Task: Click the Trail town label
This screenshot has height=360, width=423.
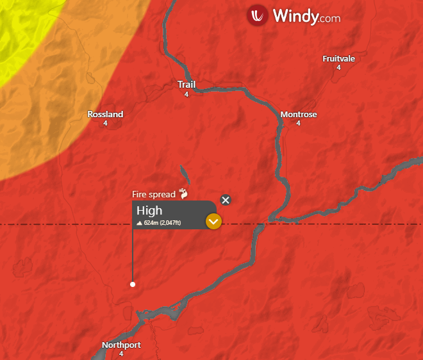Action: [x=187, y=85]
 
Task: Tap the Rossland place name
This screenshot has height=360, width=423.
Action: [x=105, y=115]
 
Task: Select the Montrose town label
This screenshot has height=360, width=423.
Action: [x=299, y=115]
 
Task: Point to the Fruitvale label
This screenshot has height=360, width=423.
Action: [x=338, y=59]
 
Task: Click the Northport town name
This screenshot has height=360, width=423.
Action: [x=121, y=345]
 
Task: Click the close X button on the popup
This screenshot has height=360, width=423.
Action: [x=226, y=200]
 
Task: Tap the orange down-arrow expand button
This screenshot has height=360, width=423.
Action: [x=213, y=222]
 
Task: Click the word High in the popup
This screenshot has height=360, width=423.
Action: [x=149, y=211]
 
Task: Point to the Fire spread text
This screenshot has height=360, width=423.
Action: [x=153, y=194]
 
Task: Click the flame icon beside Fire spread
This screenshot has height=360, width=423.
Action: [x=183, y=193]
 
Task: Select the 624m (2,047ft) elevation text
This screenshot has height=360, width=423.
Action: [x=162, y=223]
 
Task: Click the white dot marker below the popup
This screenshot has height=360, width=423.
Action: [x=133, y=284]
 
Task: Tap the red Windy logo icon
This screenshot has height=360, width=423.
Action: [x=258, y=15]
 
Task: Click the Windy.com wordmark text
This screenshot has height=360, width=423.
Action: [x=306, y=16]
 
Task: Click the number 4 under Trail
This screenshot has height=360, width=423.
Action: [x=187, y=94]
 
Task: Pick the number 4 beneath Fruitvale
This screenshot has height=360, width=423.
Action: [x=338, y=67]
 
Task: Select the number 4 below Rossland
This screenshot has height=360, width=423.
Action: [x=105, y=123]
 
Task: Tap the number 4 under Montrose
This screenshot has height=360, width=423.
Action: [x=299, y=123]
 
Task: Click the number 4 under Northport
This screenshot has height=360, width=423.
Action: [x=121, y=354]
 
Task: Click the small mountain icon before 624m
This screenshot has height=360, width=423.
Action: [x=140, y=223]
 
